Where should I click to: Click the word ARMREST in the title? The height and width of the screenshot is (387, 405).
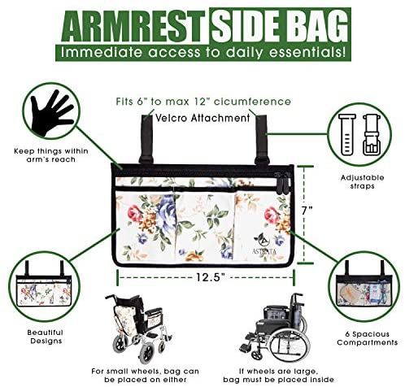tap(134, 27)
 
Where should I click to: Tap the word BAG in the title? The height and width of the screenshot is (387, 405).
tap(316, 27)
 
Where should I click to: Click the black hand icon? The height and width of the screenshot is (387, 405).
tap(51, 112)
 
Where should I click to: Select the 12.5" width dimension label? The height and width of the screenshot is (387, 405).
tap(211, 277)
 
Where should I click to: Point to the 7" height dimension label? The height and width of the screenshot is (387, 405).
tap(307, 211)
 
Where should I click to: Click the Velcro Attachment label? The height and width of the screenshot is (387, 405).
tap(202, 118)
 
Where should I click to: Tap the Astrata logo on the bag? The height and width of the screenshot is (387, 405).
tap(264, 243)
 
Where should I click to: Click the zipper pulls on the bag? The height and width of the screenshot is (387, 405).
tap(281, 183)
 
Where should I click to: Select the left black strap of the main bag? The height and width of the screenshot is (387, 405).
tap(146, 140)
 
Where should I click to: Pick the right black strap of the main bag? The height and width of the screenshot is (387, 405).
tap(262, 140)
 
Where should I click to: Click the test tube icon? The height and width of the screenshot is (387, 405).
tap(347, 135)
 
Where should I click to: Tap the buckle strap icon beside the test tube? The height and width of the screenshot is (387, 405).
tap(372, 135)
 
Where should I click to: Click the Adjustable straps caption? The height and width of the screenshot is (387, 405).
tap(362, 182)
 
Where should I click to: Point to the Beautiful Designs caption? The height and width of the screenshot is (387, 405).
tap(46, 337)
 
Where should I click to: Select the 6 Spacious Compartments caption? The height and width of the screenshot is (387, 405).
tap(367, 338)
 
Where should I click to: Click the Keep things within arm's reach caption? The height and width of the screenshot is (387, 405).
tap(51, 155)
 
